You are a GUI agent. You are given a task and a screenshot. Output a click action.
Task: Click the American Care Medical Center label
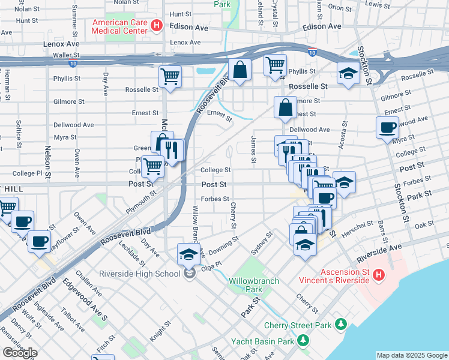coord(119,26)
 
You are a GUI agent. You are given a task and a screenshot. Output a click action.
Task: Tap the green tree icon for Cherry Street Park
coord(341,325)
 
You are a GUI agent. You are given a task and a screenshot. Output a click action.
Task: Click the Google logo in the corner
coord(20,353)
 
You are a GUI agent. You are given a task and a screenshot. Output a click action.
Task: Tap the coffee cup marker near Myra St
coord(387,127)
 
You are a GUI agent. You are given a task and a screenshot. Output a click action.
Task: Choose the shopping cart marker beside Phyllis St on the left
coord(170,77)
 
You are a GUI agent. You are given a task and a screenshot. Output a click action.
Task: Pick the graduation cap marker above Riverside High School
coord(188,254)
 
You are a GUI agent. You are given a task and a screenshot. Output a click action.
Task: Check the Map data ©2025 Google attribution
coord(411,355)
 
